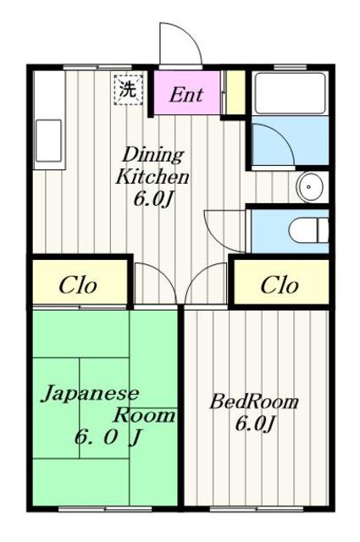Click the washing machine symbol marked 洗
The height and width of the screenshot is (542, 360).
[128, 90]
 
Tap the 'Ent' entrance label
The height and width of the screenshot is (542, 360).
[186, 94]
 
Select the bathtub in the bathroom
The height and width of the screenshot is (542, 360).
[290, 93]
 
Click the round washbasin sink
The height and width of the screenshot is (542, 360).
[310, 187]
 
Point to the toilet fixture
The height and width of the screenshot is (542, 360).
[308, 230]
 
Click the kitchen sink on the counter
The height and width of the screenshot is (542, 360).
[49, 141]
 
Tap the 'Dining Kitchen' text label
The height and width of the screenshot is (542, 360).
[152, 166]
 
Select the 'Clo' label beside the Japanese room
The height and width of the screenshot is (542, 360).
[77, 285]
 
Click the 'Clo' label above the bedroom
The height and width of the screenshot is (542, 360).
[279, 285]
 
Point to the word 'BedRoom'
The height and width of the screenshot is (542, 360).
[254, 402]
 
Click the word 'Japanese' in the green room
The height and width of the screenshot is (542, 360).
[90, 395]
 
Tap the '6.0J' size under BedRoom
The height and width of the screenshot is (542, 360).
[255, 423]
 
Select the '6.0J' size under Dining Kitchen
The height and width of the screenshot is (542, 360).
[152, 200]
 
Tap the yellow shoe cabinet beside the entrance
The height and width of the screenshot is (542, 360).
[235, 92]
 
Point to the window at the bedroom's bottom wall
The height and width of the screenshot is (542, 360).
[257, 508]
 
